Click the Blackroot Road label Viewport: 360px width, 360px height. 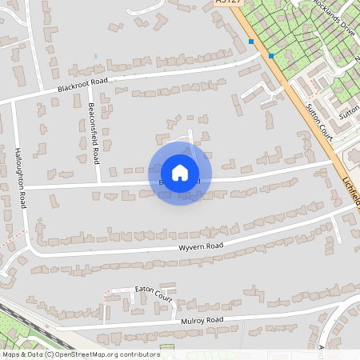click(x=82, y=86)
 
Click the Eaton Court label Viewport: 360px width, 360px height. click(x=154, y=293)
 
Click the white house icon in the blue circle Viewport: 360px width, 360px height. click(x=180, y=173)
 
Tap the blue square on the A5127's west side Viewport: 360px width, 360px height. click(x=251, y=42)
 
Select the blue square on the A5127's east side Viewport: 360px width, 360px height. click(x=271, y=56)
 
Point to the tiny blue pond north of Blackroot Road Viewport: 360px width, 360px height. click(x=95, y=57)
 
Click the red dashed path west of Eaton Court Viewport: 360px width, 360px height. click(x=104, y=302)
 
